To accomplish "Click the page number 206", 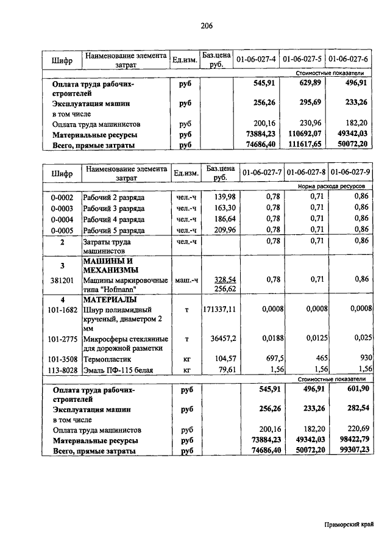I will pos(205,25).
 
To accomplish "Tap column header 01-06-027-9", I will pos(349,173).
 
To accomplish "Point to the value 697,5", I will pos(271,359).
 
